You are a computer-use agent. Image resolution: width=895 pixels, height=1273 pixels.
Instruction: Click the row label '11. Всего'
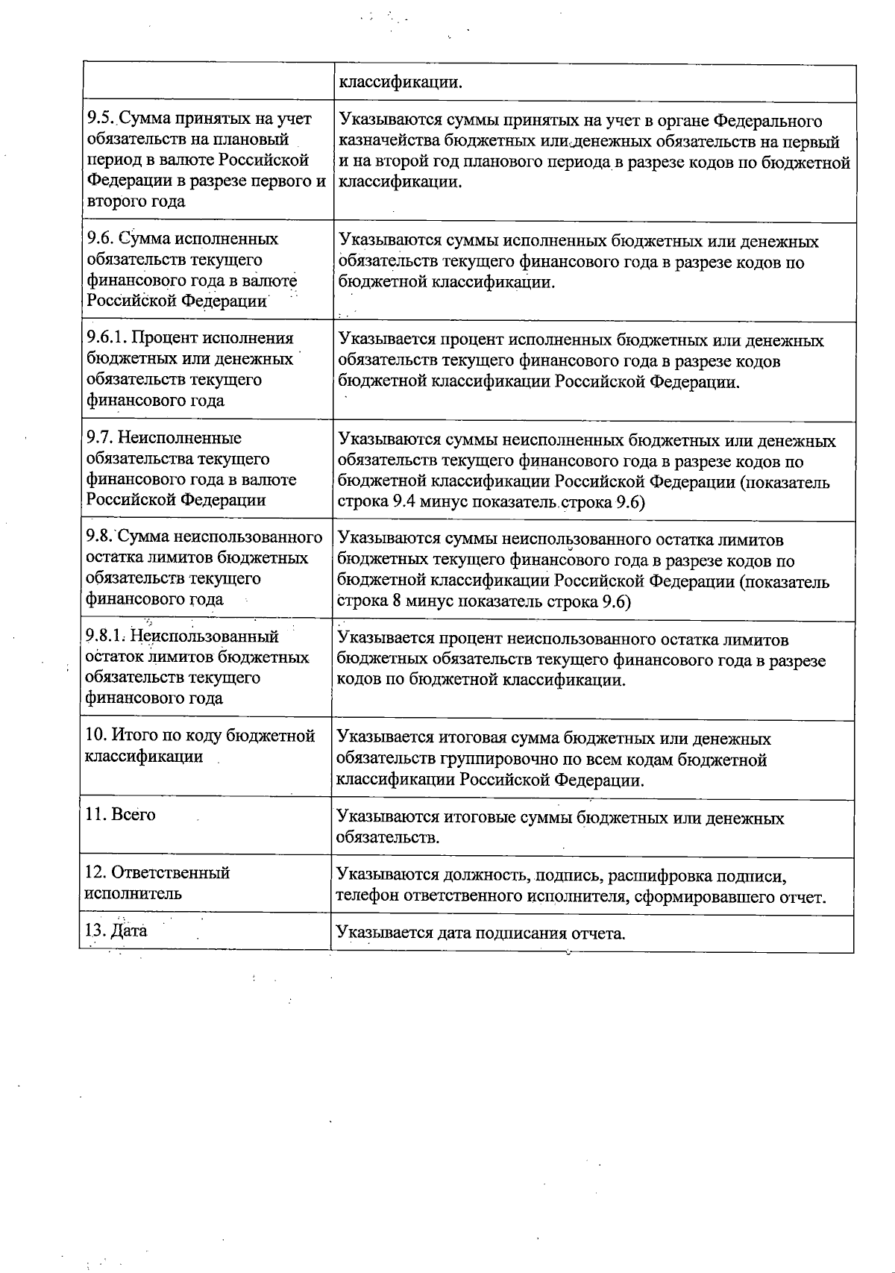click(121, 814)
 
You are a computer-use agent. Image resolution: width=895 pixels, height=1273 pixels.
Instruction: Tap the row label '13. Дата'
click(116, 930)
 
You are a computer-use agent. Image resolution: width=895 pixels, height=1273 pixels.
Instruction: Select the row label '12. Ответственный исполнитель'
click(157, 883)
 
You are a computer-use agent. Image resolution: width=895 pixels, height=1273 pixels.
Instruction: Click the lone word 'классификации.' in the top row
click(401, 81)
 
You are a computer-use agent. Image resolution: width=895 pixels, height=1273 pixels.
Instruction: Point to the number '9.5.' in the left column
click(101, 119)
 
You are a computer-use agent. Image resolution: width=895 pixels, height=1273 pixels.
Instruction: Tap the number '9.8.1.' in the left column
click(107, 636)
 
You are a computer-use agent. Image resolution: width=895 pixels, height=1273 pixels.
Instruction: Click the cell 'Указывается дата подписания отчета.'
click(480, 933)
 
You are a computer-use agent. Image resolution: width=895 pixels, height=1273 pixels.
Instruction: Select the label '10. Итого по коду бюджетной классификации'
click(200, 745)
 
